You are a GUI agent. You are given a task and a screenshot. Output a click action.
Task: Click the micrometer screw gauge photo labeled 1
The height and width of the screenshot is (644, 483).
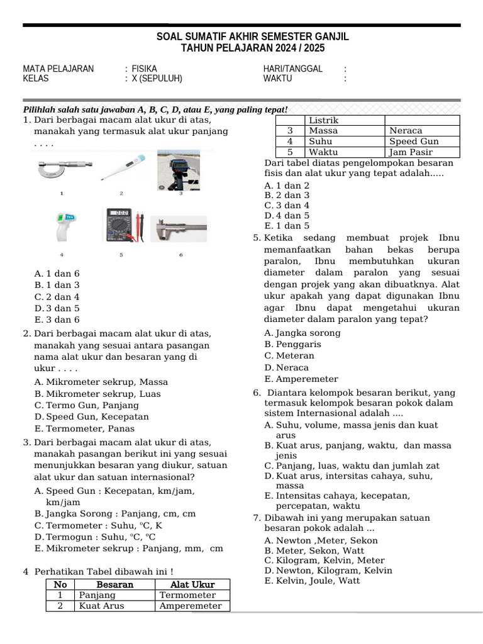point(62,169)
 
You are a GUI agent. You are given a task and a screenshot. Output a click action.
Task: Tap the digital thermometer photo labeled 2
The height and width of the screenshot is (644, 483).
point(121,168)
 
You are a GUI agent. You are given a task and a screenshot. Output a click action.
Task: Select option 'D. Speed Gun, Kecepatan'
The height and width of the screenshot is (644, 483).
point(92,417)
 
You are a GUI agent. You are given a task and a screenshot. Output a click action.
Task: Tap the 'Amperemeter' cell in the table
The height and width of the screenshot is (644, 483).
point(191,606)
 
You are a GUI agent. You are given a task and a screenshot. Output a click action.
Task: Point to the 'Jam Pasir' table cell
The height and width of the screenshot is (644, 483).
point(410,152)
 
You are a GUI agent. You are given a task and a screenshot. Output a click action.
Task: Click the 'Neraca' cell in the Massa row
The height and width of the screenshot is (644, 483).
point(406,131)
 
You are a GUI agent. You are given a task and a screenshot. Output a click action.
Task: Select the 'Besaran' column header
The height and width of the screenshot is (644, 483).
point(114,584)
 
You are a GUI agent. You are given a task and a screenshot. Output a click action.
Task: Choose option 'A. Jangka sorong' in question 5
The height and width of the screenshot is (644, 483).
point(303,333)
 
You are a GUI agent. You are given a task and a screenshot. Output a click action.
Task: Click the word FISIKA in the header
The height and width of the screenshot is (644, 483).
point(145,69)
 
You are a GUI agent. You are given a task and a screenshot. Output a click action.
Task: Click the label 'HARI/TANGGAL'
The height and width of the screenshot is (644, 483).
point(292,69)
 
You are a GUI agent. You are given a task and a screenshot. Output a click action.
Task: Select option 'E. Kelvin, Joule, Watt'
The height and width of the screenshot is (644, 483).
point(312,580)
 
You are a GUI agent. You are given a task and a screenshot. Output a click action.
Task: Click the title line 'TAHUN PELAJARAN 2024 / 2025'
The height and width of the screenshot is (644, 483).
point(253,48)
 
